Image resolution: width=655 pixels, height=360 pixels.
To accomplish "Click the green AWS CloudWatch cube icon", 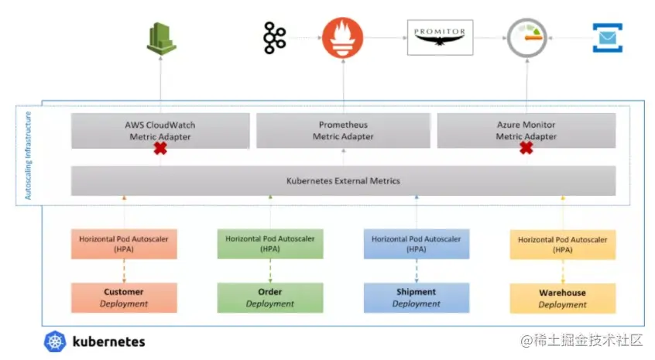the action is tap(161, 39).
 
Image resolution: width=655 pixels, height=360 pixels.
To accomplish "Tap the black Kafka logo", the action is tap(274, 38).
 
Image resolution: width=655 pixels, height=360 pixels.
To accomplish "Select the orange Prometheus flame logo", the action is tap(342, 38).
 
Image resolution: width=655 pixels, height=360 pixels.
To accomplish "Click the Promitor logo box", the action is tap(441, 37).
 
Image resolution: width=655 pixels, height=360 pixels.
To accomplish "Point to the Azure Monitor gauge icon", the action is tap(526, 38).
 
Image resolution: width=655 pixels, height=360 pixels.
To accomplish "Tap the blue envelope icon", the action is tap(607, 38).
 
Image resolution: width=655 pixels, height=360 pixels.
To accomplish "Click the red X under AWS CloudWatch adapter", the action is tap(160, 149).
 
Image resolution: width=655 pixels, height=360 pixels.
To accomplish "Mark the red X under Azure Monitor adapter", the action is tap(526, 147).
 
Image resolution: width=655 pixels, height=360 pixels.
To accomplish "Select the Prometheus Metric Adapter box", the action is tap(343, 130).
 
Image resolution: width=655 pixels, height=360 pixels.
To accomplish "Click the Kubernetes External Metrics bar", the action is tap(343, 181).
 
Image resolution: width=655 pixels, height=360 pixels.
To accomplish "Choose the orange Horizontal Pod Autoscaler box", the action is tap(124, 244).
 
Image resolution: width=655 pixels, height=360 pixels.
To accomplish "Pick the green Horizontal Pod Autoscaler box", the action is tap(270, 243).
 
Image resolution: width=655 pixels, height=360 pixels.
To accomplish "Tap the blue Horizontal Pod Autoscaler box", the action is tap(417, 244).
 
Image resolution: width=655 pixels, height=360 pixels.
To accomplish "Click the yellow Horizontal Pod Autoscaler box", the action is tap(563, 245).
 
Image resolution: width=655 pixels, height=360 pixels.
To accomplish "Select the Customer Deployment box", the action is tap(124, 298).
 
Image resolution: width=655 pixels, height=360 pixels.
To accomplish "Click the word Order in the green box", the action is tap(270, 292).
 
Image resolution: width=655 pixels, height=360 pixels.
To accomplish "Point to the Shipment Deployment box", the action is tap(417, 298).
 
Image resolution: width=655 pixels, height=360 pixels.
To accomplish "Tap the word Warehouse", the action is tap(562, 293).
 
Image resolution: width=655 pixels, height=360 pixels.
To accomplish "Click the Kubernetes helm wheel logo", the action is tap(55, 341).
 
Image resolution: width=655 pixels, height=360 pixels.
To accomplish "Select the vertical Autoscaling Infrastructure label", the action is tap(28, 156).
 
